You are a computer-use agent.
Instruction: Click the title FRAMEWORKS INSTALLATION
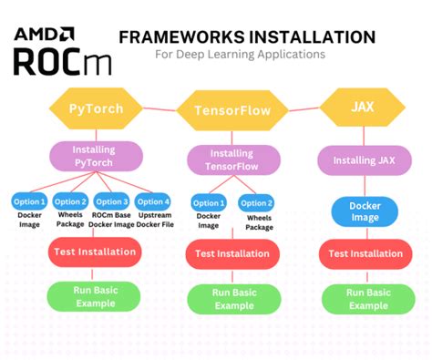pos(247,36)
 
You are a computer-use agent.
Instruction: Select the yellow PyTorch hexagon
pos(95,109)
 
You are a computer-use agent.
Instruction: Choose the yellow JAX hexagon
pos(362,107)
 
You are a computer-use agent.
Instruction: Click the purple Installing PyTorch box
pos(95,156)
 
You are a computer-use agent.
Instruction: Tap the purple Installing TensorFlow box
pos(231,159)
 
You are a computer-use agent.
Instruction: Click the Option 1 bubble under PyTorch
pos(29,201)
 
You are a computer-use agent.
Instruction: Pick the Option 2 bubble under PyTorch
pos(69,201)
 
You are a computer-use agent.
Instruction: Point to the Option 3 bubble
pos(112,201)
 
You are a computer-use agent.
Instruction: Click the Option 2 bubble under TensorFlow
pos(255,203)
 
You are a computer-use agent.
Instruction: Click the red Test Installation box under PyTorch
pos(94,252)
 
